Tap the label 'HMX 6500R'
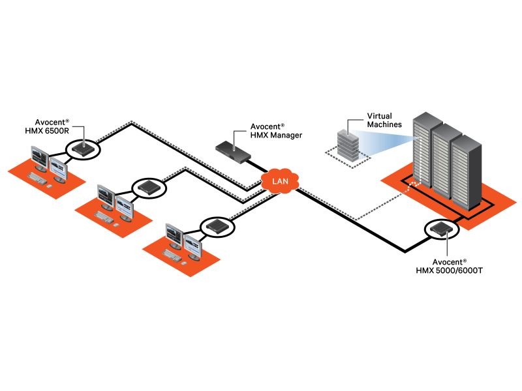[x=57, y=131]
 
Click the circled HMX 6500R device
[x=83, y=149]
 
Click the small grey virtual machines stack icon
[x=348, y=145]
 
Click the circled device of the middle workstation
[x=149, y=188]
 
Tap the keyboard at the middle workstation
[x=104, y=214]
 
